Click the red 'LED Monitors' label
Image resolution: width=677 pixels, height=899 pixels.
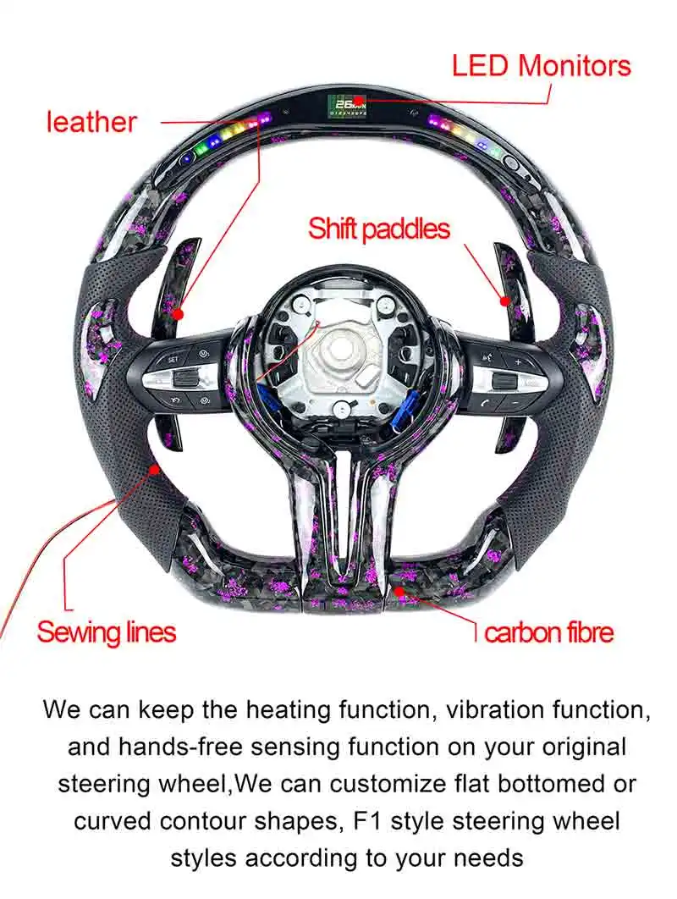[x=541, y=66]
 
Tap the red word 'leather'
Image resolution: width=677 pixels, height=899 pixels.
[x=91, y=122]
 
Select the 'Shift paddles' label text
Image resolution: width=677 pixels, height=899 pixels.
[x=379, y=229]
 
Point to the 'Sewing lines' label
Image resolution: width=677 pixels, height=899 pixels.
[x=107, y=632]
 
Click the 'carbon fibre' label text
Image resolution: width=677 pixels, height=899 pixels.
[x=549, y=632]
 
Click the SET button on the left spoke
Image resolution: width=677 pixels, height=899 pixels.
[x=173, y=359]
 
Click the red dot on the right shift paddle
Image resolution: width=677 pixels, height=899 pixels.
[x=506, y=300]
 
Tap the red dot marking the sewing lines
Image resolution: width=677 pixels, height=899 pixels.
[x=155, y=468]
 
